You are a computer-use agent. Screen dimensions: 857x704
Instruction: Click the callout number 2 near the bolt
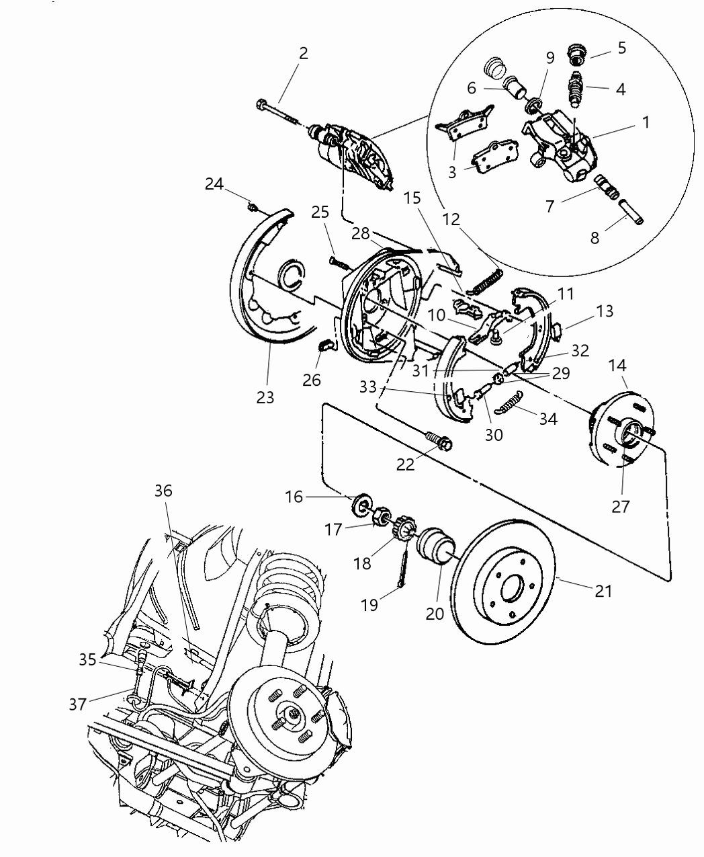point(304,53)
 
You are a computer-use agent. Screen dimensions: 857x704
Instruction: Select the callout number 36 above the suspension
point(163,491)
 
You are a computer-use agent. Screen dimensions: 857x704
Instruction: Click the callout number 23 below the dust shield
point(265,397)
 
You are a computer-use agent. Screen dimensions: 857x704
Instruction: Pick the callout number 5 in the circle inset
point(621,48)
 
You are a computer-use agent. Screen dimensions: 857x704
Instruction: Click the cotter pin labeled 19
point(404,567)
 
